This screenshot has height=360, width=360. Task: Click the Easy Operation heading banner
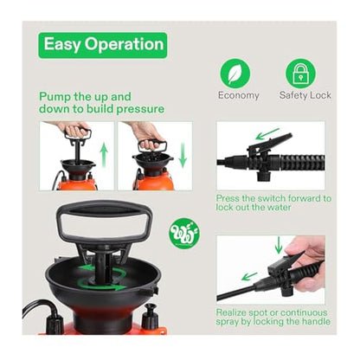(x=103, y=45)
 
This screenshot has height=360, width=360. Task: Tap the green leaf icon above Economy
(x=235, y=74)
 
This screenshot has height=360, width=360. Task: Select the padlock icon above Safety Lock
(x=300, y=74)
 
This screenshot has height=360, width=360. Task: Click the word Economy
(x=239, y=95)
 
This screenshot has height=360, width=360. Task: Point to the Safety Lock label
(x=305, y=95)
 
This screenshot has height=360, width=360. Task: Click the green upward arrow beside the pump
(x=104, y=156)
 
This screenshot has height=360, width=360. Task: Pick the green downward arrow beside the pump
(x=183, y=156)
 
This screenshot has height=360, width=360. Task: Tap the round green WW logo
(x=184, y=234)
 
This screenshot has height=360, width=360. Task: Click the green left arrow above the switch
(x=267, y=134)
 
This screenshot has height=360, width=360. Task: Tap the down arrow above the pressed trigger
(x=279, y=245)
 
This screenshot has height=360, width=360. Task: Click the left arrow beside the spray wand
(x=249, y=276)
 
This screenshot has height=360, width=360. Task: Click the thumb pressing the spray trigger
(x=299, y=248)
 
